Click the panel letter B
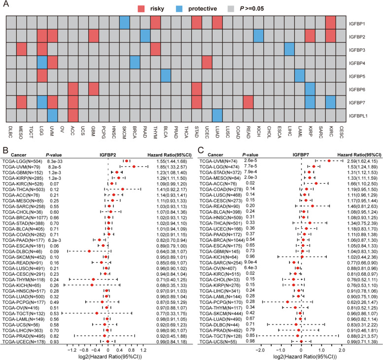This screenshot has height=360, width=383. coord(4,146)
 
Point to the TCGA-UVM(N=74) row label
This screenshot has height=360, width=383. coord(215,161)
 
